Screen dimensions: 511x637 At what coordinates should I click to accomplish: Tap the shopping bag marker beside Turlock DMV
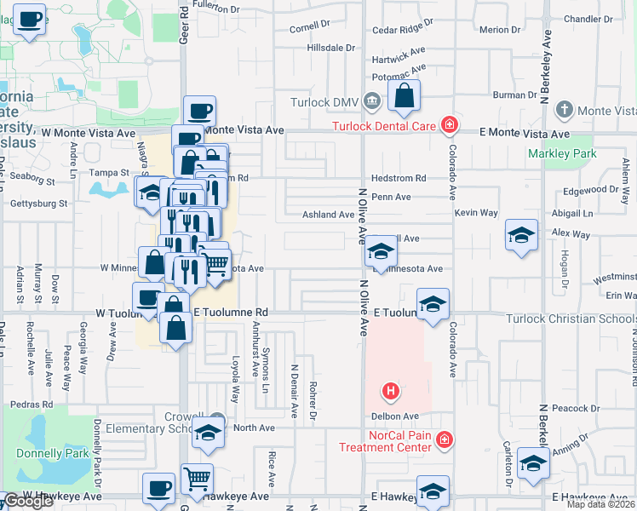tap(405, 98)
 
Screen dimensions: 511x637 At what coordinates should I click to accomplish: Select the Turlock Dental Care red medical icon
tap(449, 127)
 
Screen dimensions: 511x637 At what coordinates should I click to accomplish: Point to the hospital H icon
tap(391, 391)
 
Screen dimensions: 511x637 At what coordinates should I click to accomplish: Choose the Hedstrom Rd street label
tap(399, 178)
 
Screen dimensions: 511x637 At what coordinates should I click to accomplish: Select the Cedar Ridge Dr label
tap(397, 29)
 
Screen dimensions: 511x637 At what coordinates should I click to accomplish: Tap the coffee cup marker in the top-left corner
tap(30, 20)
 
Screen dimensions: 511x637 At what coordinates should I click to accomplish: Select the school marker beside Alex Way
tap(521, 236)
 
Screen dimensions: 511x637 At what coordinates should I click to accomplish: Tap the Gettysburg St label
tap(37, 204)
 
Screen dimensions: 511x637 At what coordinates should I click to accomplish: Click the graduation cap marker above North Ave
tap(208, 433)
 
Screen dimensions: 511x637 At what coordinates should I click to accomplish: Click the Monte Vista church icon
tap(564, 110)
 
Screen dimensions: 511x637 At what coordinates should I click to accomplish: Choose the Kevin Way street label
tap(476, 212)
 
